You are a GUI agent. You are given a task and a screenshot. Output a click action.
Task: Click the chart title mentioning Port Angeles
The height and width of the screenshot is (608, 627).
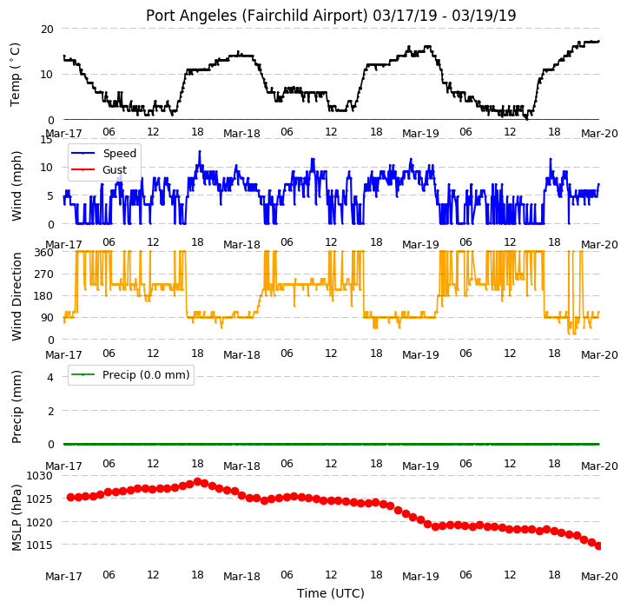coord(331,16)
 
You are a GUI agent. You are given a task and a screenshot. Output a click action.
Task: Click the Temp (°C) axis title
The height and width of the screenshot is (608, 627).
coord(15,75)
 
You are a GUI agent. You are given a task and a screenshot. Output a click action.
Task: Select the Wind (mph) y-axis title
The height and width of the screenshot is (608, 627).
coord(16,186)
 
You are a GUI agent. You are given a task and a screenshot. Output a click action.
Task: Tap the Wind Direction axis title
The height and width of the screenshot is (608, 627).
coord(16,296)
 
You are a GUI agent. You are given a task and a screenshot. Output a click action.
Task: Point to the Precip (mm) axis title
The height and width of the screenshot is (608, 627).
coord(16,406)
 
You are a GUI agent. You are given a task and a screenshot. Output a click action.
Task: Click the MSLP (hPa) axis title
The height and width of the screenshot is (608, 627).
coord(16,518)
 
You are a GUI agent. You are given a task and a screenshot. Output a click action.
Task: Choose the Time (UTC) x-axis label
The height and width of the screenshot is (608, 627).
coord(331,593)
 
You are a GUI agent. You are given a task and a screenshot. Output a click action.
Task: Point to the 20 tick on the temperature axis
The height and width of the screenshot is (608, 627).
coord(47,30)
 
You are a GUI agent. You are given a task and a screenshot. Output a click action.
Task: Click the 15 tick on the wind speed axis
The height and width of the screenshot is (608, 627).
coord(47,139)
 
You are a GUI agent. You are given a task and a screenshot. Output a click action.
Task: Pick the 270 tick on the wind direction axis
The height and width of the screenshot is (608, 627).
coord(44,274)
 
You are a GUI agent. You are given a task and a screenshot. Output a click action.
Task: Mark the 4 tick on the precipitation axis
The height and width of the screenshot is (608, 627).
coord(50,377)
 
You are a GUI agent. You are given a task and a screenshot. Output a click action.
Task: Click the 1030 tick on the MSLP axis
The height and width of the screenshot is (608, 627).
coord(40,476)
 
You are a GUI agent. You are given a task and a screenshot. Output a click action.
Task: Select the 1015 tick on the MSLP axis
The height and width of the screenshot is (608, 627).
coord(40,545)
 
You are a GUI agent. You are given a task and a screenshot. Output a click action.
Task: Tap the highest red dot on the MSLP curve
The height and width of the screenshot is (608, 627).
coord(197,481)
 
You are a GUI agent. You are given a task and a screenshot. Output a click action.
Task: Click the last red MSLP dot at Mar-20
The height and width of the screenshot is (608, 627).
coord(598,545)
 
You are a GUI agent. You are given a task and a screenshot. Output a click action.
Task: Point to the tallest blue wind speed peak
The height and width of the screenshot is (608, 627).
coord(200,151)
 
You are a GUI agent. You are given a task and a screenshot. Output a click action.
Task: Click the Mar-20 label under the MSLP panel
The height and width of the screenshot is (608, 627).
coord(599,577)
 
